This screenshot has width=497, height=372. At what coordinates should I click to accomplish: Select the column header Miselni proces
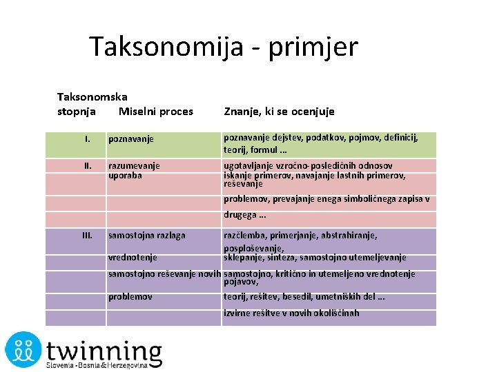[x=156, y=111]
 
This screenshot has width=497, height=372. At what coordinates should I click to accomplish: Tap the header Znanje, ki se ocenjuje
[x=279, y=111]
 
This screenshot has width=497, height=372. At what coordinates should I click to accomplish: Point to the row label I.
[x=88, y=139]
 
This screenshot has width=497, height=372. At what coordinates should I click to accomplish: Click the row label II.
[x=88, y=165]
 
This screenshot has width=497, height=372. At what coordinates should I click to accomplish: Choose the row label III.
[x=88, y=235]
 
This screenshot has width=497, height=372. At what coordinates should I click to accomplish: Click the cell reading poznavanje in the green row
[x=130, y=139]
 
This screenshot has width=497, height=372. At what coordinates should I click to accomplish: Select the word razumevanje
[x=134, y=165]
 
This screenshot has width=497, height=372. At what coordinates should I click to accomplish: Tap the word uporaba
[x=126, y=175]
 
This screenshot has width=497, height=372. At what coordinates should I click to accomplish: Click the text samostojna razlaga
[x=147, y=235]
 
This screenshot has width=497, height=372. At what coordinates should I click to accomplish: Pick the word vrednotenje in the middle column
[x=133, y=258]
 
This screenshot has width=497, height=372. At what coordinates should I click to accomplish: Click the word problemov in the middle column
[x=130, y=297]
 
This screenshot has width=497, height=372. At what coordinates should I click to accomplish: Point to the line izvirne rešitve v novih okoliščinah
[x=291, y=313]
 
